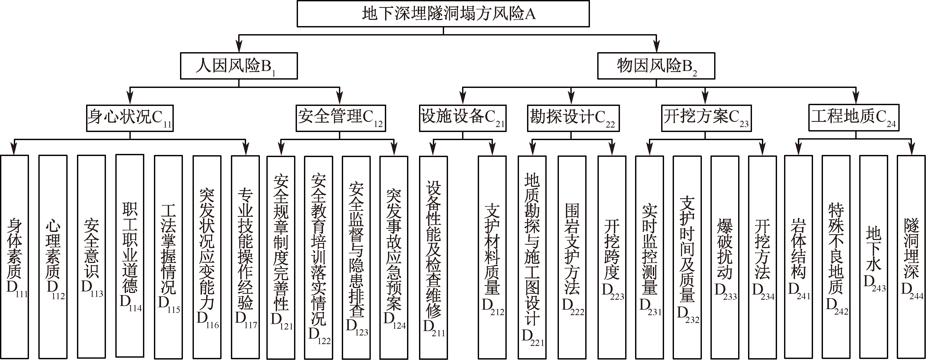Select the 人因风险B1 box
(x=239, y=66)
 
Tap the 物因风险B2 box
(x=656, y=66)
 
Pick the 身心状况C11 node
(x=130, y=118)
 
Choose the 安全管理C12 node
(x=340, y=118)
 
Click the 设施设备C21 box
(x=463, y=118)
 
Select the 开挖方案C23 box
(x=706, y=118)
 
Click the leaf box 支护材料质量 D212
(x=492, y=257)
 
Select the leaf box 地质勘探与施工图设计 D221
(x=532, y=257)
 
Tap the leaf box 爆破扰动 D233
(x=725, y=257)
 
